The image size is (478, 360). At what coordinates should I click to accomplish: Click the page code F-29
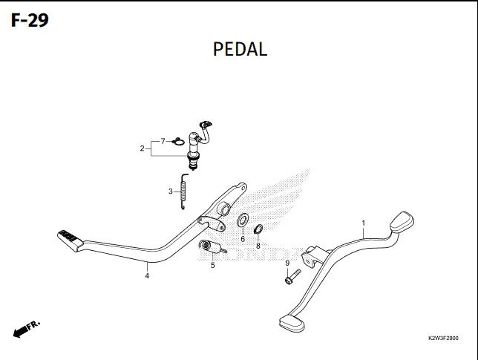pos(30,21)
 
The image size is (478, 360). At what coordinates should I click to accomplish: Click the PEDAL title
pos(240,49)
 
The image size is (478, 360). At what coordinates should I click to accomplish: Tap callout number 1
pos(363,223)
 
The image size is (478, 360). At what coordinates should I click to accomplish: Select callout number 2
pos(142,148)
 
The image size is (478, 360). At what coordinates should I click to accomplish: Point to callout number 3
pos(171,192)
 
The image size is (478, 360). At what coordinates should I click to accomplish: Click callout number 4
pos(147,276)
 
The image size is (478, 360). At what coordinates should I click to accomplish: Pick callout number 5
pos(212,266)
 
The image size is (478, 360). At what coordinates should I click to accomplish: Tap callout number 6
pos(243,239)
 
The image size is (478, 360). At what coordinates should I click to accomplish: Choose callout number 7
pos(163,141)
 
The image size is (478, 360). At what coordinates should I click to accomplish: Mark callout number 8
pos(258,246)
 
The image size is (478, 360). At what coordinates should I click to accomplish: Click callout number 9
pos(287,263)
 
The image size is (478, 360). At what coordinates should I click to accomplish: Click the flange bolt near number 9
pos(292,277)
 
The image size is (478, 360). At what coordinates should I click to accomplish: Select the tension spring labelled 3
pos(183,192)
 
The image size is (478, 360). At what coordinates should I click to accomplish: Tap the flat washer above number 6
pos(243,220)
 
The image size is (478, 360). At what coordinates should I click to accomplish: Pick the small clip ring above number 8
pos(258,229)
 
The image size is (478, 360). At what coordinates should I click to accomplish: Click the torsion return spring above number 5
pos(212,246)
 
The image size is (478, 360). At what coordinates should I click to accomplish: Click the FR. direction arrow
pos(27,330)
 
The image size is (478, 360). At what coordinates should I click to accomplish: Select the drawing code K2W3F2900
pos(443,338)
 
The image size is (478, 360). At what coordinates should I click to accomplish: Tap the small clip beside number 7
pos(178,142)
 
